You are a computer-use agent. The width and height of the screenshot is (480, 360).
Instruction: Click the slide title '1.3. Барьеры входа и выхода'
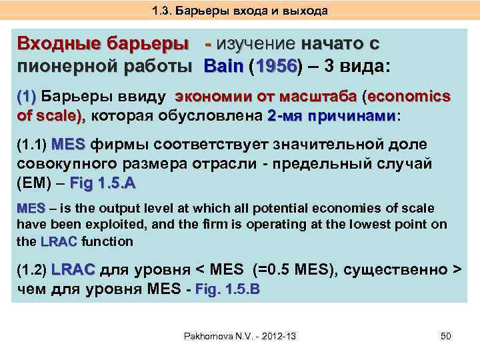tap(239, 11)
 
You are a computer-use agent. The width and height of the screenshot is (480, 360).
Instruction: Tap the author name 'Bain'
tap(224, 67)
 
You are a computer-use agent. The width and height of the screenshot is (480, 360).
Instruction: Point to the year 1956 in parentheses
tap(274, 67)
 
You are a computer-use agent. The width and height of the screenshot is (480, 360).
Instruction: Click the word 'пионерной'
tap(59, 67)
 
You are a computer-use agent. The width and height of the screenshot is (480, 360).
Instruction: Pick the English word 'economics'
tap(408, 96)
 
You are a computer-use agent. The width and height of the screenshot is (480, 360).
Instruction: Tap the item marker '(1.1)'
tap(31, 145)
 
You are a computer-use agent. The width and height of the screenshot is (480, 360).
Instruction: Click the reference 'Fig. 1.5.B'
tap(227, 289)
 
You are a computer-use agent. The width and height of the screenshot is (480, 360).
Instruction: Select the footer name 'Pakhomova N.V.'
tap(214, 335)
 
